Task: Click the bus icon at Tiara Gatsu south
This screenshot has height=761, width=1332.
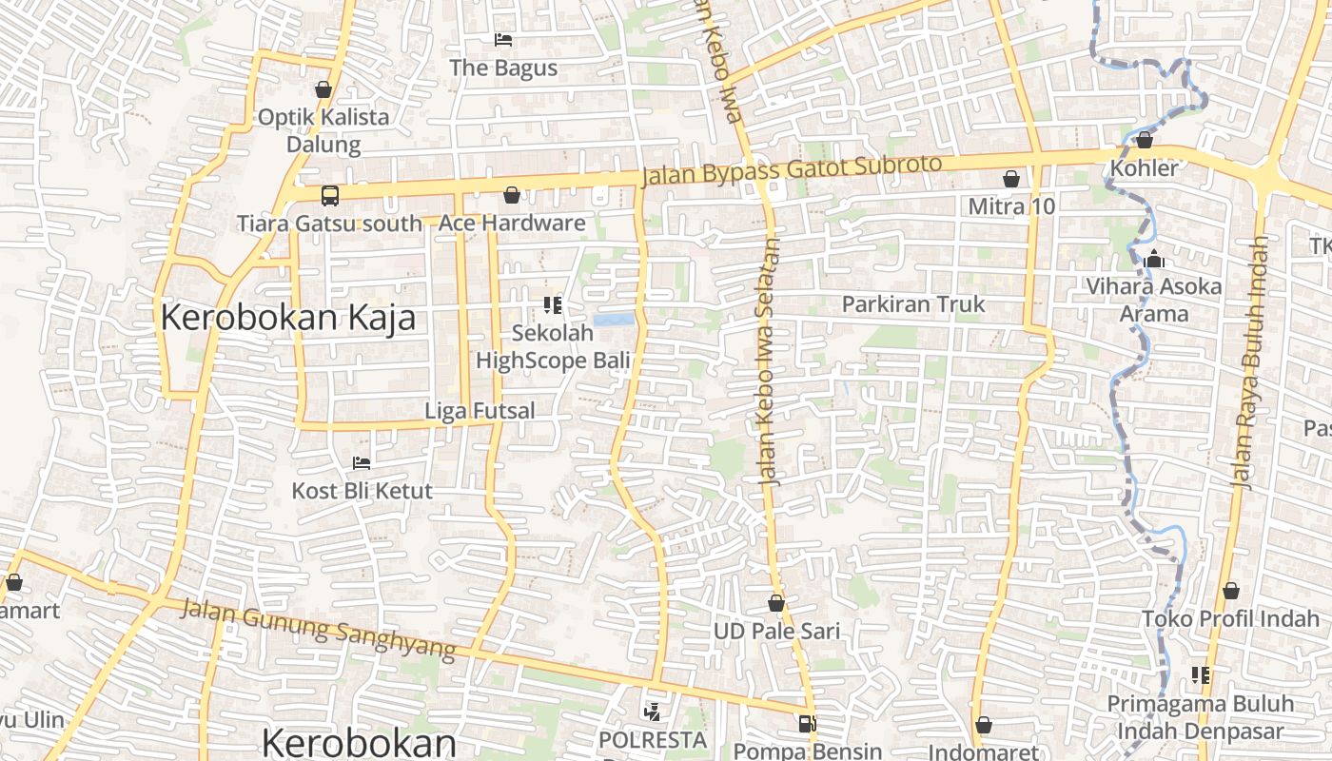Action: pyautogui.click(x=329, y=196)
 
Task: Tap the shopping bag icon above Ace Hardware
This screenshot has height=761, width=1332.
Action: pyautogui.click(x=512, y=195)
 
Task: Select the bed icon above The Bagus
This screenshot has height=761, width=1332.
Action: pyautogui.click(x=503, y=39)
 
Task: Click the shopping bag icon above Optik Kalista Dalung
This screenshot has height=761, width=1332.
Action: pyautogui.click(x=323, y=89)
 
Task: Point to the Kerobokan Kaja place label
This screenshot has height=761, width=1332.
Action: pyautogui.click(x=287, y=317)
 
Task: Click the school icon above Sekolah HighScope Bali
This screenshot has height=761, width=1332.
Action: pyautogui.click(x=553, y=305)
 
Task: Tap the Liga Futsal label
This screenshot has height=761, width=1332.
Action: pyautogui.click(x=480, y=411)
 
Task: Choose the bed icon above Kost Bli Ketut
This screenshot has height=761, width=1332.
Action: pyautogui.click(x=362, y=462)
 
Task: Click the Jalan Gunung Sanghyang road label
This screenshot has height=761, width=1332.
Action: pyautogui.click(x=319, y=628)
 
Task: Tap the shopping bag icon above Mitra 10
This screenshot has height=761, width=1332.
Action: pyautogui.click(x=1011, y=179)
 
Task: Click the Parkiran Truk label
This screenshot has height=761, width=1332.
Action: pyautogui.click(x=913, y=304)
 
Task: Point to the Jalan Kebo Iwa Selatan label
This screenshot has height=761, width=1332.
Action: pyautogui.click(x=770, y=361)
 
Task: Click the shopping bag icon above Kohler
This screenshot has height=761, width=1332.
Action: pyautogui.click(x=1145, y=141)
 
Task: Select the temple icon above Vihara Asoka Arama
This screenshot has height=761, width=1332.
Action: pyautogui.click(x=1154, y=259)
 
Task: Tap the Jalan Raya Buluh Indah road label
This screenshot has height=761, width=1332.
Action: pyautogui.click(x=1250, y=361)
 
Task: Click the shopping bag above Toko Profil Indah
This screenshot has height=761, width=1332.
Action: pyautogui.click(x=1231, y=591)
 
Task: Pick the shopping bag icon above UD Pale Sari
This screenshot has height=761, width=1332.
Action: pyautogui.click(x=776, y=603)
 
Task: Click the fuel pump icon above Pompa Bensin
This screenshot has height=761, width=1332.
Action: pyautogui.click(x=807, y=724)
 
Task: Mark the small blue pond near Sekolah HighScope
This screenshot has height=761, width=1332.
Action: pyautogui.click(x=613, y=321)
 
